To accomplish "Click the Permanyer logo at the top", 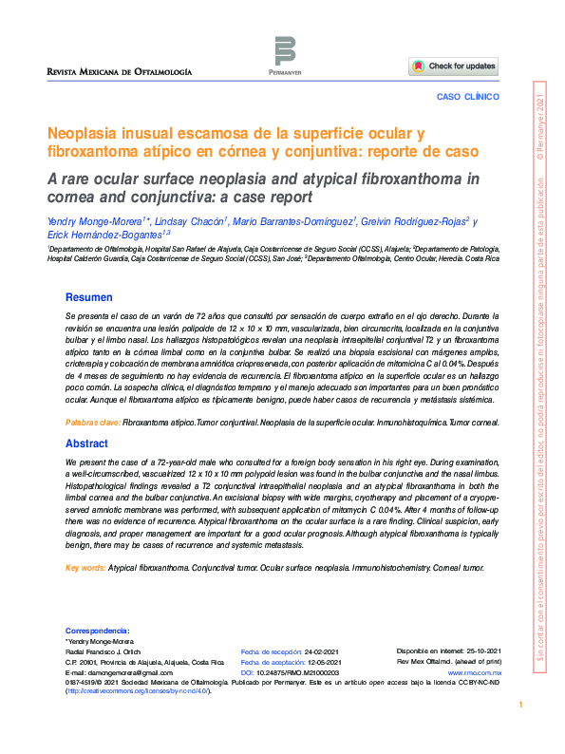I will coord(285,54).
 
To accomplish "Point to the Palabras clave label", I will coord(92,422).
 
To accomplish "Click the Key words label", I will coord(85,569).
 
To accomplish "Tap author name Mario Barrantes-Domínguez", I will coord(293,221).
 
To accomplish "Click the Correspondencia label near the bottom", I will coord(98,631).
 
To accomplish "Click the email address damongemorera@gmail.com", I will coord(121,672).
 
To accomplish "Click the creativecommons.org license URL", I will coord(136,691).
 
